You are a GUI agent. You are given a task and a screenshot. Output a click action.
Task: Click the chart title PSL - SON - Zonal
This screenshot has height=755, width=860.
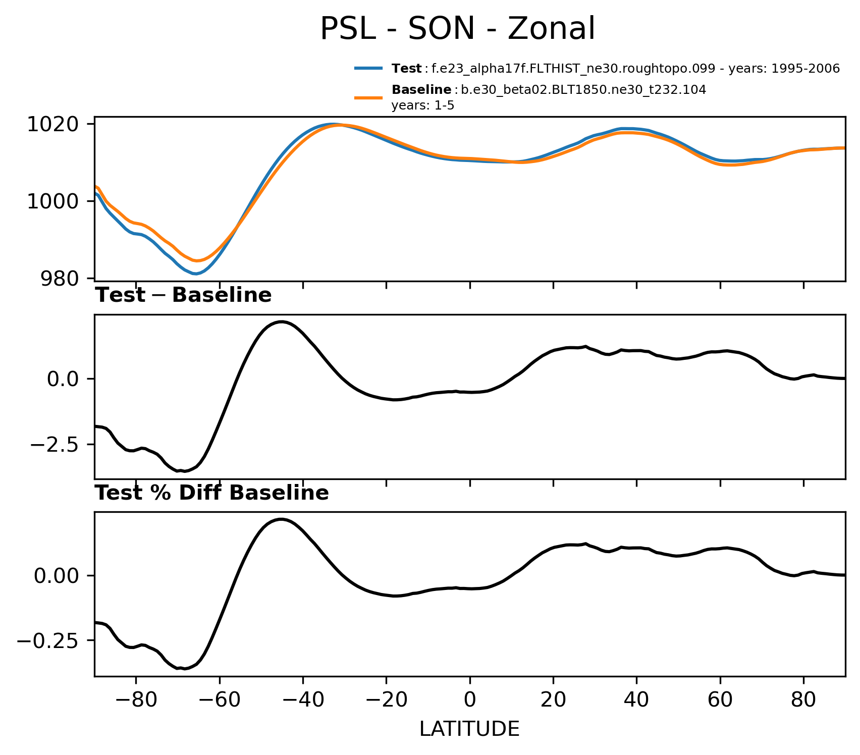(458, 29)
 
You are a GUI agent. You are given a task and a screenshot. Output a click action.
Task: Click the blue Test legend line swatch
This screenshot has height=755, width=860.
(370, 69)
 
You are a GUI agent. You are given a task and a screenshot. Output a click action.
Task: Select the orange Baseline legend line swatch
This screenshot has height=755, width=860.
(370, 97)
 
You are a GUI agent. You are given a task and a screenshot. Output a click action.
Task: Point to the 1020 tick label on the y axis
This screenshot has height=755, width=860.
(52, 124)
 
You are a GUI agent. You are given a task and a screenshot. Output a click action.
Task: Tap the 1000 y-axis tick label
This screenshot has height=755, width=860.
(52, 201)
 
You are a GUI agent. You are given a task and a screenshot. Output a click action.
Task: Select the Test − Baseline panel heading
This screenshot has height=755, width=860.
(184, 296)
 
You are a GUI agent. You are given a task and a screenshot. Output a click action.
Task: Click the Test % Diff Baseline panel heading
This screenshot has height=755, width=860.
(212, 493)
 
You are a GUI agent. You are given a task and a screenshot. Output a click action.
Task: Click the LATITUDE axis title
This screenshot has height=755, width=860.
(469, 729)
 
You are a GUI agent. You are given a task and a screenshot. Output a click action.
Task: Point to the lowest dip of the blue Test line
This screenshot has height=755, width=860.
(196, 274)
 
